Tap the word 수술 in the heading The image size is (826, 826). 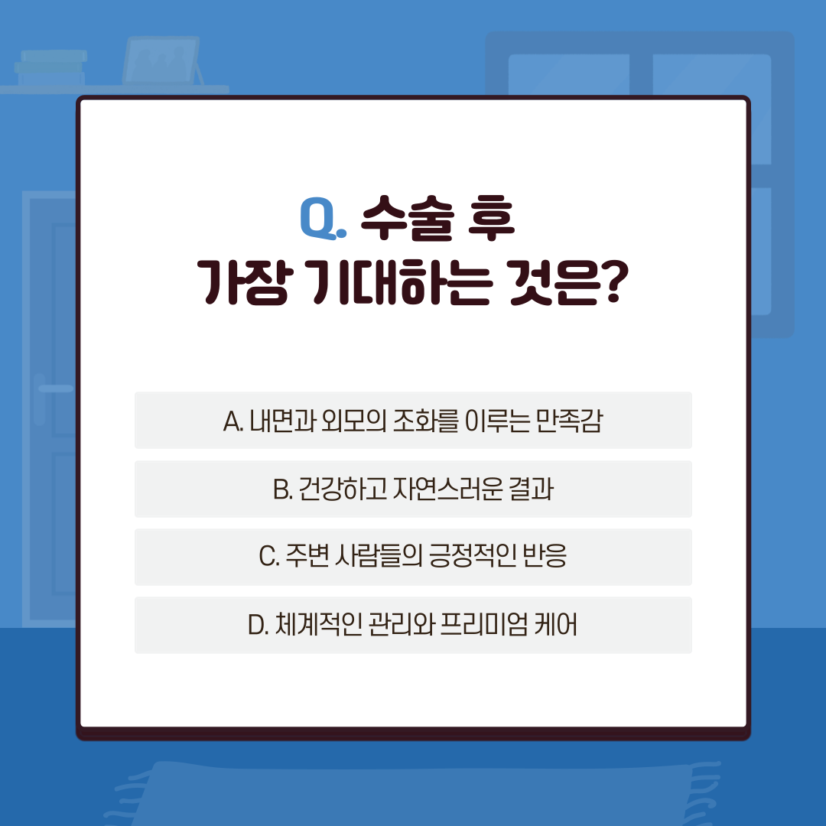coord(408,218)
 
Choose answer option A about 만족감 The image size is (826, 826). coord(413,421)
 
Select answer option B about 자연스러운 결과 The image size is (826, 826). coord(413,489)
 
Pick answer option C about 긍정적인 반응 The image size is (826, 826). coord(413,557)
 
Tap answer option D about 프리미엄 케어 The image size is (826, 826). coord(413,626)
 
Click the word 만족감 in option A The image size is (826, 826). coord(569,421)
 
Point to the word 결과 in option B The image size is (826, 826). coord(531,489)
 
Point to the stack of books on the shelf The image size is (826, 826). coord(50,67)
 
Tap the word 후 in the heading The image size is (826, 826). coord(491,218)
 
